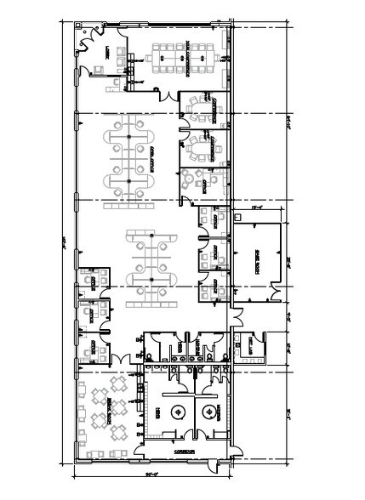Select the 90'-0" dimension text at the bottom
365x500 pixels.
coord(153,474)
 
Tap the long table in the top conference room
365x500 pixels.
coord(180,57)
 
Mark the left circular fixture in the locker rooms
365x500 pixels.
coord(178,413)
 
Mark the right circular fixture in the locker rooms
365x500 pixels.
coord(206,413)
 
